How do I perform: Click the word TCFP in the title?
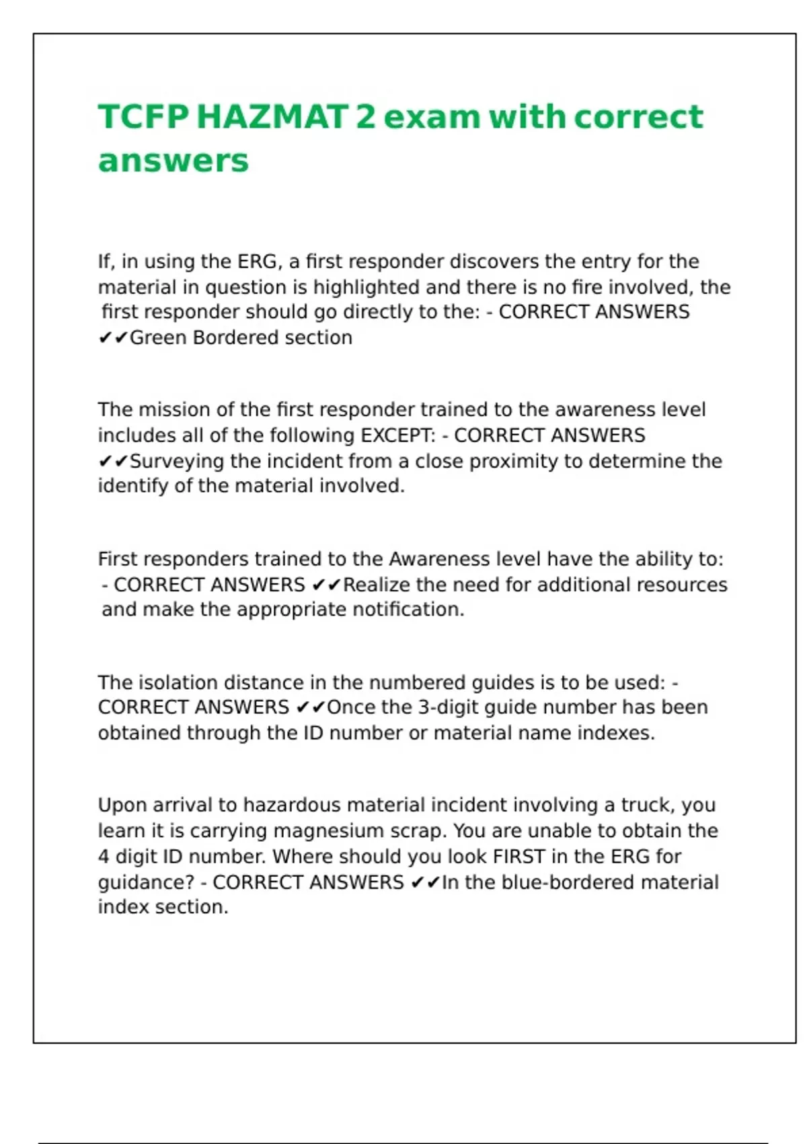pyautogui.click(x=143, y=117)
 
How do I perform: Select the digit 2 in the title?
pyautogui.click(x=365, y=117)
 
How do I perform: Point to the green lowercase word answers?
pyautogui.click(x=174, y=162)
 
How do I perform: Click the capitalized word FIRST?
pyautogui.click(x=518, y=857)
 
